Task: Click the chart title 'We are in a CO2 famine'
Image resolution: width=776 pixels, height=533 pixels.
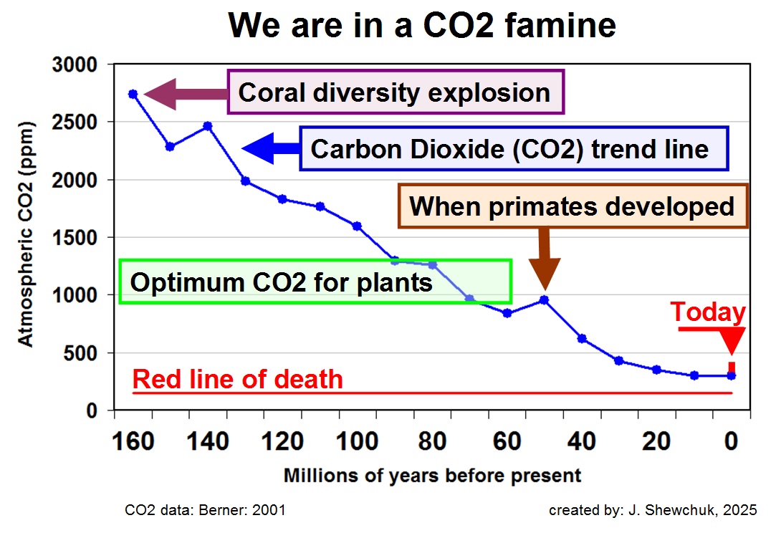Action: tap(422, 27)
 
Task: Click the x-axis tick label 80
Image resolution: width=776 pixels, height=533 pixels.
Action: tap(432, 442)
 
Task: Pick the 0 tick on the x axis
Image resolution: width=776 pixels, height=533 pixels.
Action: tap(731, 442)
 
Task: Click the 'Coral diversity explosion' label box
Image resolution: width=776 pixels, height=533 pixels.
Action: tap(395, 92)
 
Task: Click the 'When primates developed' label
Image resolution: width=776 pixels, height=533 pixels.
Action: tap(572, 206)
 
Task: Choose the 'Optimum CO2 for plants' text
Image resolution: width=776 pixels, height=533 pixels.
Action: tap(281, 282)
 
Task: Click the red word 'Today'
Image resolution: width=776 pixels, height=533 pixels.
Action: tap(708, 312)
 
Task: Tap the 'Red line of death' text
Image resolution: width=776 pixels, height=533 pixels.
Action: tap(238, 379)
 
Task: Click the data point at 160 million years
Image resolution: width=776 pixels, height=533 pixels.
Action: tap(133, 94)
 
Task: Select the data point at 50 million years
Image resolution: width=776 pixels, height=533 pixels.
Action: tap(545, 300)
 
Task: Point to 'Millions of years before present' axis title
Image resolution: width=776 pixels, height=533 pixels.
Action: tap(432, 476)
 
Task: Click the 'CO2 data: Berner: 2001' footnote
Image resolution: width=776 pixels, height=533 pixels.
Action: tap(206, 511)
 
